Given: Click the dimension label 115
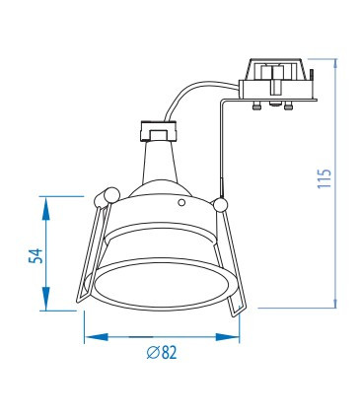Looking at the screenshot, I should tap(324, 178).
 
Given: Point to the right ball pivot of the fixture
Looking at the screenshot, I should tap(220, 204).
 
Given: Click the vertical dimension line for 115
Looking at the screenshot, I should tap(340, 177).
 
